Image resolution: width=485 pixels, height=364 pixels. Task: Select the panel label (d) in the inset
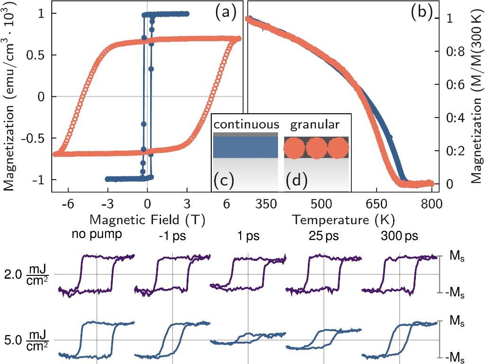coord(297,180)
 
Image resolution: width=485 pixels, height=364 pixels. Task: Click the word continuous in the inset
coord(246,125)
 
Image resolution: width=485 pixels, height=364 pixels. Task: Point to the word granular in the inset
coord(315,125)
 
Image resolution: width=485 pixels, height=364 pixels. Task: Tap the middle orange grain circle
coord(316,147)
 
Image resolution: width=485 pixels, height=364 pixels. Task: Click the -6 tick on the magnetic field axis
coord(68,204)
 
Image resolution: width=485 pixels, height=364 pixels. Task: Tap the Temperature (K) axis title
coord(343,219)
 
